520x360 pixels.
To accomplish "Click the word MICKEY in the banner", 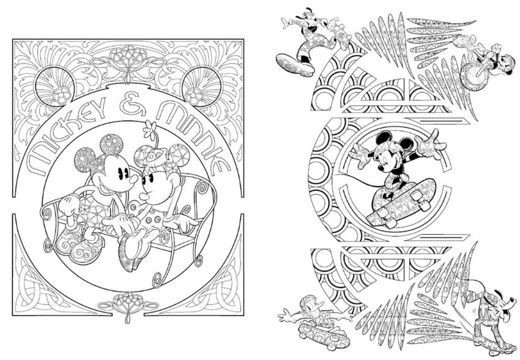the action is click(66, 133).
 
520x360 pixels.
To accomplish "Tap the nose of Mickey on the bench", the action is click(133, 179).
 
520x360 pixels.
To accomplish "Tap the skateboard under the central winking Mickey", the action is click(401, 202).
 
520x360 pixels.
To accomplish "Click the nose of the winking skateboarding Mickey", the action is click(382, 169).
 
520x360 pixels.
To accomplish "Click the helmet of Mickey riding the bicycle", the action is click(507, 59).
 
